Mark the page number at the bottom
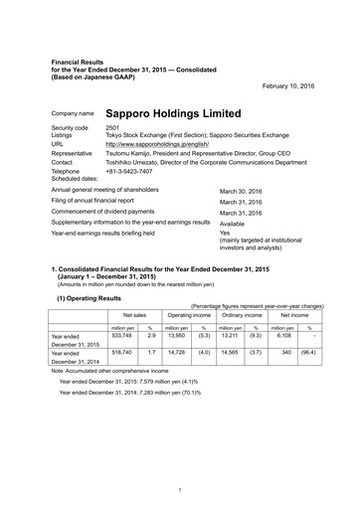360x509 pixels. coord(178,489)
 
